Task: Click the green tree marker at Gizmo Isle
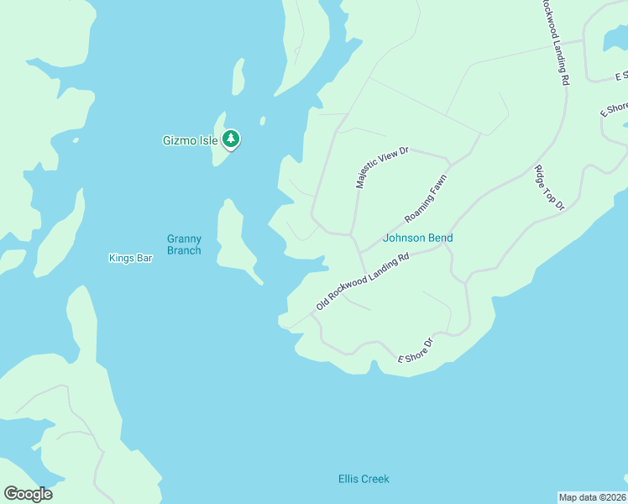231,139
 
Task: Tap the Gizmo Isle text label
190,140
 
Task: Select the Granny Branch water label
184,244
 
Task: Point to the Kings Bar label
130,258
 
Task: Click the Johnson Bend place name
417,238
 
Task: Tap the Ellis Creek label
364,479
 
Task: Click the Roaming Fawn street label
426,199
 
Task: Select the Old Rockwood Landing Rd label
362,281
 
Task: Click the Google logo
28,494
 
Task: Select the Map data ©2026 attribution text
593,497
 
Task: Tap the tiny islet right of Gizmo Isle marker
263,120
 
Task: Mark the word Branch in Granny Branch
184,250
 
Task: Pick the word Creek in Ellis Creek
376,479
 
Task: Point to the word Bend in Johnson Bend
440,238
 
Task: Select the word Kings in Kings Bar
122,258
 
